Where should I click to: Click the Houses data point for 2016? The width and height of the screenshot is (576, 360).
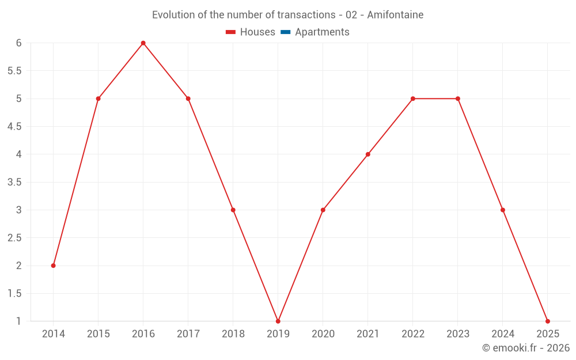point(143,43)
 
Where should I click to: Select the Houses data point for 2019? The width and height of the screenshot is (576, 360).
point(278,321)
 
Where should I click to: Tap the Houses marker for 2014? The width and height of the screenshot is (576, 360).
point(54,266)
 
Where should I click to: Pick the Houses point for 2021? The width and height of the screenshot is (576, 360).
point(368,154)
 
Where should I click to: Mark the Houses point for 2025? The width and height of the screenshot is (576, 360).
point(548,321)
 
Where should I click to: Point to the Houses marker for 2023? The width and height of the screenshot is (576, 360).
point(458,98)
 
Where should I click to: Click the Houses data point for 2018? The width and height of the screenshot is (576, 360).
point(233,210)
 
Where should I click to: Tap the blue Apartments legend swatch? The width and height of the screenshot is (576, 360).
point(285,32)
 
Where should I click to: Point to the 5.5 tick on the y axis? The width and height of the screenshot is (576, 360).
point(14,71)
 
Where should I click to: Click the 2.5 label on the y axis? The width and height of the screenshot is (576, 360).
point(14,238)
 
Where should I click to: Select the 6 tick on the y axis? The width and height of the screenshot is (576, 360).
point(18,43)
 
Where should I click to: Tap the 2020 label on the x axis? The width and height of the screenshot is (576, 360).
point(323,334)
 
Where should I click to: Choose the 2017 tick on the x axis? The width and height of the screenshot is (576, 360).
point(188,334)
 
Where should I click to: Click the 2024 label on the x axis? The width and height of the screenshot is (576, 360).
point(503,334)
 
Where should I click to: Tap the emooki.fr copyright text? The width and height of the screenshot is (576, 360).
point(526,348)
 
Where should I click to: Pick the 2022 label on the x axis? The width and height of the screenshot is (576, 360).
point(413,334)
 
